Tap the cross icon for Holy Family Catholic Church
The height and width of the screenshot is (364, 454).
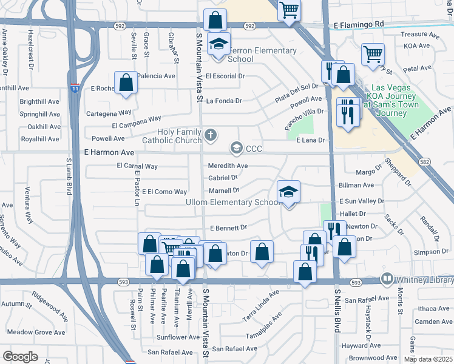pyautogui.click(x=211, y=135)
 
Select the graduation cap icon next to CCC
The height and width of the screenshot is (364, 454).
pyautogui.click(x=236, y=148)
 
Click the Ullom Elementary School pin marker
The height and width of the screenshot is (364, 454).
pyautogui.click(x=289, y=193)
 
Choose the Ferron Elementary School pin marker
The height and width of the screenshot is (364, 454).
pyautogui.click(x=219, y=45)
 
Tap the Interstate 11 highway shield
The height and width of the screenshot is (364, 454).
pyautogui.click(x=74, y=87)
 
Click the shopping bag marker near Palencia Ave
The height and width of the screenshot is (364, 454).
pyautogui.click(x=126, y=84)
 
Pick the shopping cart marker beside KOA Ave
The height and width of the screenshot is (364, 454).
pyautogui.click(x=373, y=54)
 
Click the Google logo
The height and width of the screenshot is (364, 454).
pyautogui.click(x=20, y=356)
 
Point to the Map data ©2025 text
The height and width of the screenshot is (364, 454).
pyautogui.click(x=429, y=359)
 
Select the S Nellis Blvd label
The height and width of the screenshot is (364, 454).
pyautogui.click(x=337, y=309)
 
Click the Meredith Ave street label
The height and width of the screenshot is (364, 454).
pyautogui.click(x=228, y=166)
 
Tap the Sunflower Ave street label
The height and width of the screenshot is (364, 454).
pyautogui.click(x=178, y=337)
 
